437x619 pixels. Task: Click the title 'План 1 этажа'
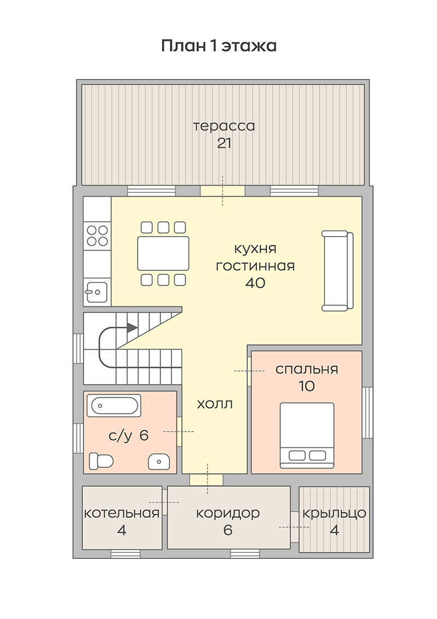click(x=218, y=46)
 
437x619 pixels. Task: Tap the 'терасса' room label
click(x=224, y=126)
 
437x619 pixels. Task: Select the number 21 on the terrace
click(x=224, y=143)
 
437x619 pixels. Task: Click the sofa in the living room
click(x=338, y=271)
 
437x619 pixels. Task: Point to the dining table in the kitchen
click(x=163, y=253)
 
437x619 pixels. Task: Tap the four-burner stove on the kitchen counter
click(x=97, y=235)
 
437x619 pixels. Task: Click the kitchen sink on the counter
click(x=97, y=292)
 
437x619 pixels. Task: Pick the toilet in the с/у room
click(x=101, y=461)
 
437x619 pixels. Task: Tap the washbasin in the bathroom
click(x=159, y=461)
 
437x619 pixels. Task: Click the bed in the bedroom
click(x=307, y=435)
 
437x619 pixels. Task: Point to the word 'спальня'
click(x=307, y=369)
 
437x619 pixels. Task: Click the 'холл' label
click(x=214, y=403)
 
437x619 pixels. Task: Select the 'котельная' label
click(x=122, y=513)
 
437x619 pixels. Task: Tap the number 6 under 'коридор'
click(x=228, y=530)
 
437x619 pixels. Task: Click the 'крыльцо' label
click(x=334, y=513)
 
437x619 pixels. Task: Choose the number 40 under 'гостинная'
click(x=256, y=282)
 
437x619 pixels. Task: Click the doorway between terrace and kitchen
click(x=223, y=191)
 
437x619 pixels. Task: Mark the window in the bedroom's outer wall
click(x=368, y=412)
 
